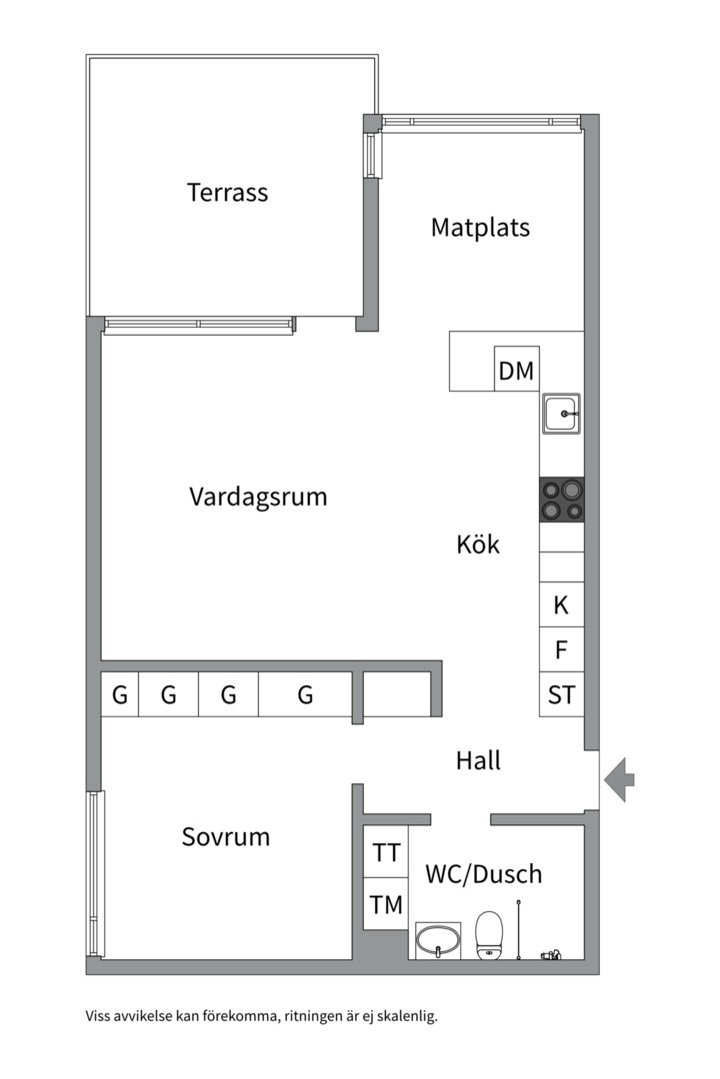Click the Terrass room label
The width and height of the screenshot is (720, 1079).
click(x=227, y=192)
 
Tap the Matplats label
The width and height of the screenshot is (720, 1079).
click(x=480, y=227)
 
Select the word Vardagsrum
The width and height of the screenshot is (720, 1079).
click(x=258, y=497)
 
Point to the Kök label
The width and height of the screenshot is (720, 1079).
click(x=477, y=544)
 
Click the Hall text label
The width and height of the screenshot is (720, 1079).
click(x=478, y=760)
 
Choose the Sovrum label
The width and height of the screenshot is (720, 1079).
click(x=226, y=836)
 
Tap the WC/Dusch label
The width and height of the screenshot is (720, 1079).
click(x=483, y=874)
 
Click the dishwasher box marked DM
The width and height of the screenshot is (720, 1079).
click(x=516, y=371)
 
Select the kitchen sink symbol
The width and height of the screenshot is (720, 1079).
click(x=562, y=414)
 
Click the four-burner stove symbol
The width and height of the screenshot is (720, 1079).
click(x=562, y=500)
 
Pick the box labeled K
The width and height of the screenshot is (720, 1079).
click(x=561, y=604)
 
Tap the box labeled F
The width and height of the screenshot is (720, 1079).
click(x=561, y=650)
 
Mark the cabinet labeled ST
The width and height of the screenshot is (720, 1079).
click(x=561, y=694)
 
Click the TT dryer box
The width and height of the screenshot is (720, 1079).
click(x=386, y=853)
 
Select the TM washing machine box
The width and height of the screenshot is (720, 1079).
click(x=386, y=905)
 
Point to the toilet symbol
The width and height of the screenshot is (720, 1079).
click(x=489, y=934)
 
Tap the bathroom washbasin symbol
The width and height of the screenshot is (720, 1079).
click(x=437, y=940)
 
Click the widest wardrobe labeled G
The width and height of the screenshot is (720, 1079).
click(x=305, y=694)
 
